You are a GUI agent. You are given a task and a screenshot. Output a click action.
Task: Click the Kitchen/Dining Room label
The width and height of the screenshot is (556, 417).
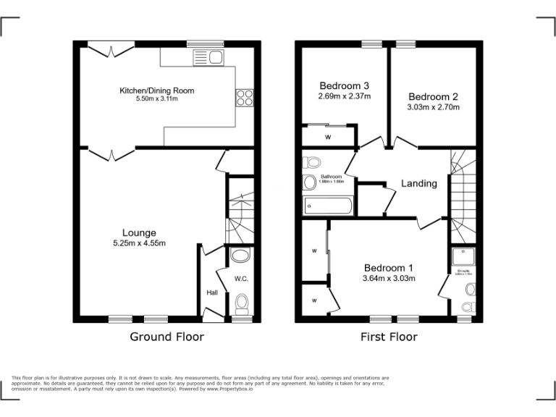pos(157,90)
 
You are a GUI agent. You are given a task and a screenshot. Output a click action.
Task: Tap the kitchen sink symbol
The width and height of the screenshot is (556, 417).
pos(208,56)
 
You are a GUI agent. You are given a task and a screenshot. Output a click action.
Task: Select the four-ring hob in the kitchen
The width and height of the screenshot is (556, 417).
pos(244,96)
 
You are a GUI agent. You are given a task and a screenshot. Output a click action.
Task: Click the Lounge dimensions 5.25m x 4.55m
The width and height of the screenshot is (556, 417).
pos(139,243)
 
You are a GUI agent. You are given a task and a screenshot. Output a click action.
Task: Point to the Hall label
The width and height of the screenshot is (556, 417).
pos(212,292)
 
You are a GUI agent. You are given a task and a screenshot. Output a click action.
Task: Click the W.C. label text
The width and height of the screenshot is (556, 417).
pos(240,278)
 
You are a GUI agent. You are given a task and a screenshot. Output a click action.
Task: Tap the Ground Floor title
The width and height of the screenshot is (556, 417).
pos(167,337)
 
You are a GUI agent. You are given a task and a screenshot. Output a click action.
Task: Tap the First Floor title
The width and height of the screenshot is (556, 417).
pos(389,337)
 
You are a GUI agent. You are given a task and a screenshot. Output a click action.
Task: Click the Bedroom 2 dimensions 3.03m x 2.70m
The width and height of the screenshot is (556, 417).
pos(433,107)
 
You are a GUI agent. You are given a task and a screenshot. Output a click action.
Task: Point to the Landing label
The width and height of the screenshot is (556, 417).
pos(419,184)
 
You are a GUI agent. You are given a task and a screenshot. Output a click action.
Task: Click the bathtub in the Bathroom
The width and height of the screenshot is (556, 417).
pos(328,206)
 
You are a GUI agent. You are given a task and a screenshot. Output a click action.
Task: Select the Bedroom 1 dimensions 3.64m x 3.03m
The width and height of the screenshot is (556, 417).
pos(388,278)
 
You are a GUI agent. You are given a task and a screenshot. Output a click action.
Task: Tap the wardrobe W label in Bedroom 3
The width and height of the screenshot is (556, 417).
pos(327,137)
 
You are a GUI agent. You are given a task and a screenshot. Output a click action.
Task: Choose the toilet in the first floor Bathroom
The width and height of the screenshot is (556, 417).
pos(313,161)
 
